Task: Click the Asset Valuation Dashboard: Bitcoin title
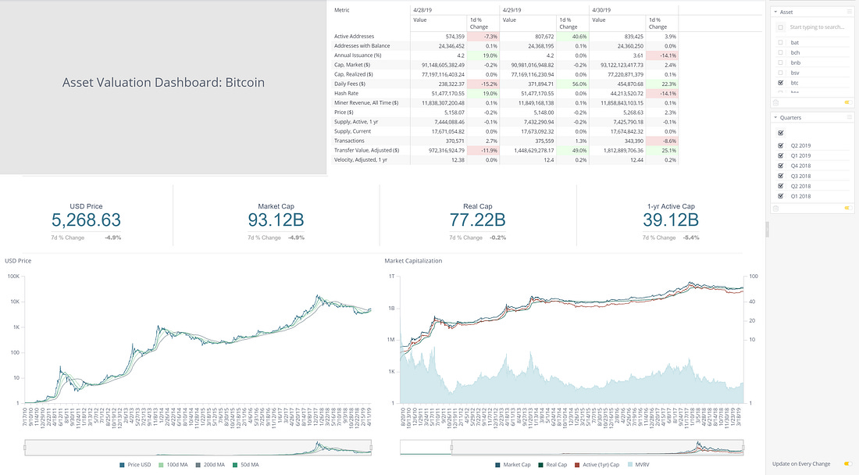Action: click(x=163, y=82)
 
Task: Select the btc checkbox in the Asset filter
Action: click(x=780, y=82)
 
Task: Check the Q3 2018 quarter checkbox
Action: click(x=780, y=177)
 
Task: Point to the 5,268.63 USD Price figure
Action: click(x=87, y=220)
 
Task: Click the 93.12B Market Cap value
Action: click(x=275, y=220)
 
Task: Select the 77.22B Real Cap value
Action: click(x=478, y=220)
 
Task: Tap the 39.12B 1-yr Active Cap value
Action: click(x=670, y=220)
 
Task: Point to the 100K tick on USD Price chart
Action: click(x=14, y=276)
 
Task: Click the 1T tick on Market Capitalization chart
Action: click(x=393, y=276)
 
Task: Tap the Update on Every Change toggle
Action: click(x=847, y=464)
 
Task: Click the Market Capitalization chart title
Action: click(x=413, y=260)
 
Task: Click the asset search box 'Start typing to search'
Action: click(x=816, y=27)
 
